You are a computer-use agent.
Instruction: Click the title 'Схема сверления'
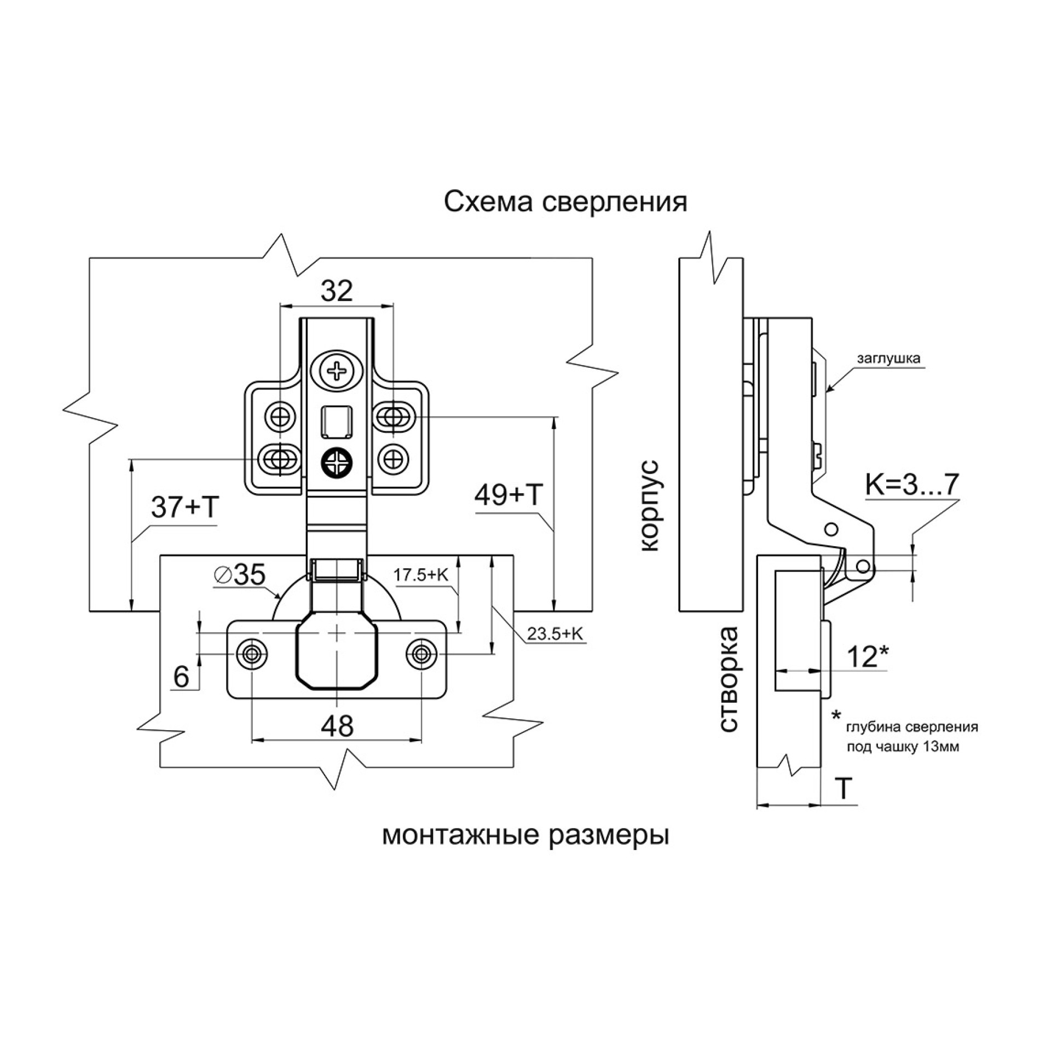click(565, 202)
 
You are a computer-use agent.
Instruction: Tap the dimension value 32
click(337, 291)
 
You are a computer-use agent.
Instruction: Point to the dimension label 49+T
click(509, 495)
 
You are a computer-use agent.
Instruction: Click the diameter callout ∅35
click(240, 574)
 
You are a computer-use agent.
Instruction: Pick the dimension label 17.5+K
click(421, 575)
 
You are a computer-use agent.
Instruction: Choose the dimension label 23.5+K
click(555, 634)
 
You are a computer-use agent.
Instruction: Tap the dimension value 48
click(337, 726)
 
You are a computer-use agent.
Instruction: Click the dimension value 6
click(181, 677)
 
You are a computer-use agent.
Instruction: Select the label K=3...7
click(912, 484)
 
